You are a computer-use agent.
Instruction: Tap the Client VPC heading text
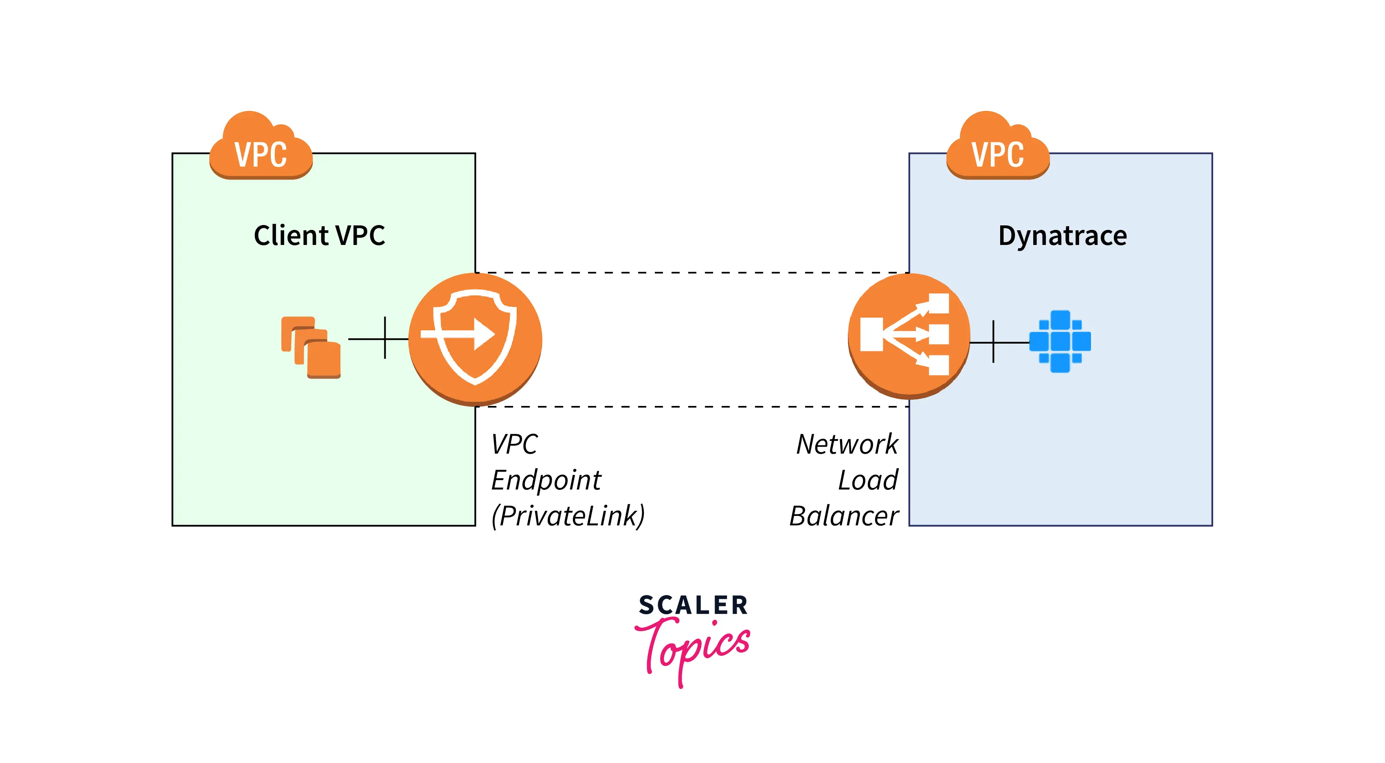point(319,236)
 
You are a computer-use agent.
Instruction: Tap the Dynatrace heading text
point(1062,236)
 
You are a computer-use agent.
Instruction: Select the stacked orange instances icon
point(311,348)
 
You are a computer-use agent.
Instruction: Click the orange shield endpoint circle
point(475,339)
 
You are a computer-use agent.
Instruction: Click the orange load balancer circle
point(909,336)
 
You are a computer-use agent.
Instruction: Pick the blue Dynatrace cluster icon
point(1060,341)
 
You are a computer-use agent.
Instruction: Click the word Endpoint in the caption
point(546,480)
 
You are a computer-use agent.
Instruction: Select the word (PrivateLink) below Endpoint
point(568,516)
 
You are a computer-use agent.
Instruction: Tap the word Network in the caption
point(847,444)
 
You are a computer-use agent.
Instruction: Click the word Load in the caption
point(868,480)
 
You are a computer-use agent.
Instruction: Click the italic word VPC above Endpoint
point(514,444)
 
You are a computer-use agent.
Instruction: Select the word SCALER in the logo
point(693,605)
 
